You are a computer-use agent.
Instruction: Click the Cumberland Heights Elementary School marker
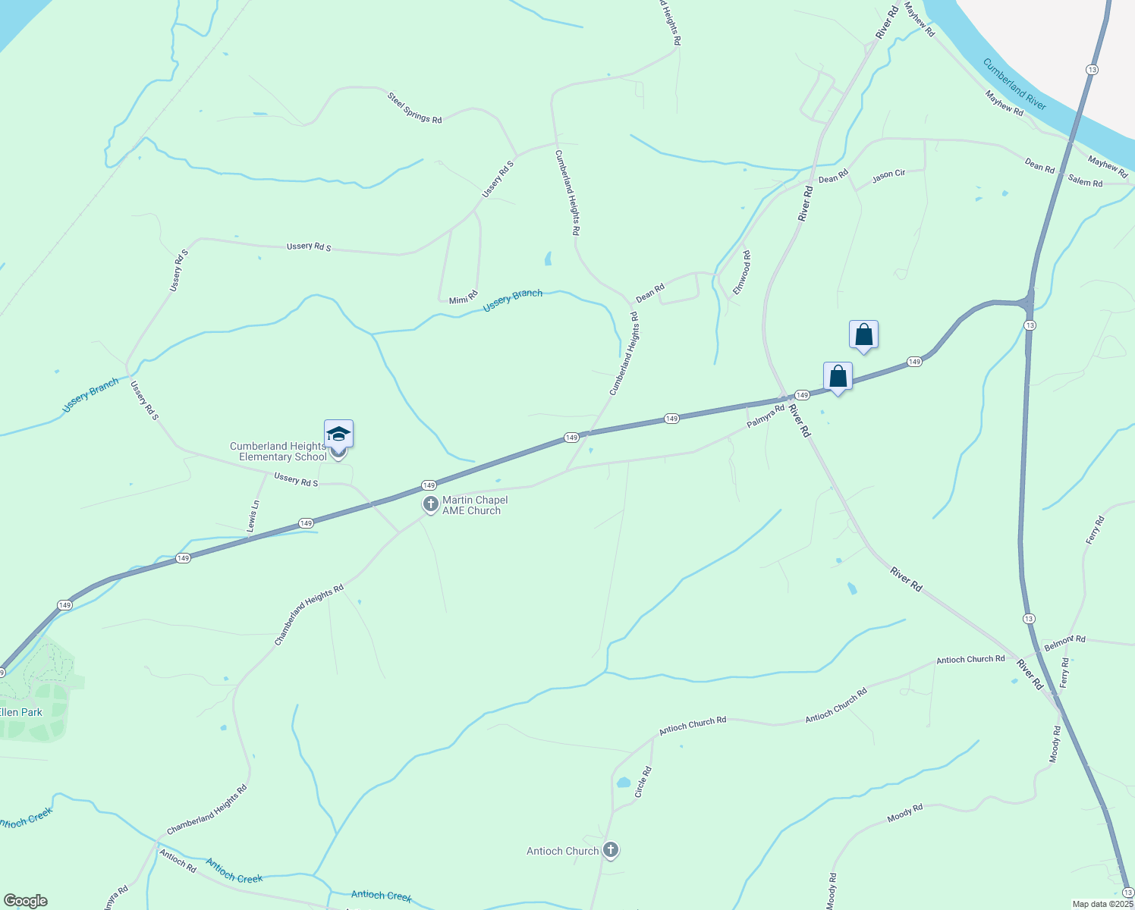(338, 435)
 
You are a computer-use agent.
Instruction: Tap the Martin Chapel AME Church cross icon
(430, 504)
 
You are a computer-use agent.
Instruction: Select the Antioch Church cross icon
(611, 850)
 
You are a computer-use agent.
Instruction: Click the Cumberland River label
(1014, 84)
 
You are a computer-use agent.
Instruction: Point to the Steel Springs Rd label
(414, 108)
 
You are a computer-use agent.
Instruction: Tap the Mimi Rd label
(463, 297)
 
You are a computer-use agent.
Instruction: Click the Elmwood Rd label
(741, 273)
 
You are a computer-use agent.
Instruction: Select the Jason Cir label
(888, 175)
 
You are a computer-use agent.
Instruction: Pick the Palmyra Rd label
(765, 416)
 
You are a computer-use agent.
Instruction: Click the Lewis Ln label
(253, 516)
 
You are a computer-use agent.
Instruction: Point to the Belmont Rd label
(1064, 643)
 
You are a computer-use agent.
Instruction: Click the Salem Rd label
(1085, 180)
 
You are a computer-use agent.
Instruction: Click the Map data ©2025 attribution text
(1102, 904)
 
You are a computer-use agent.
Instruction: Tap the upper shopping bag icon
(863, 334)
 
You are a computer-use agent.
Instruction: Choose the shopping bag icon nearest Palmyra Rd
(838, 376)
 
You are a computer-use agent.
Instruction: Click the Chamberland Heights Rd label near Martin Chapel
(309, 614)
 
